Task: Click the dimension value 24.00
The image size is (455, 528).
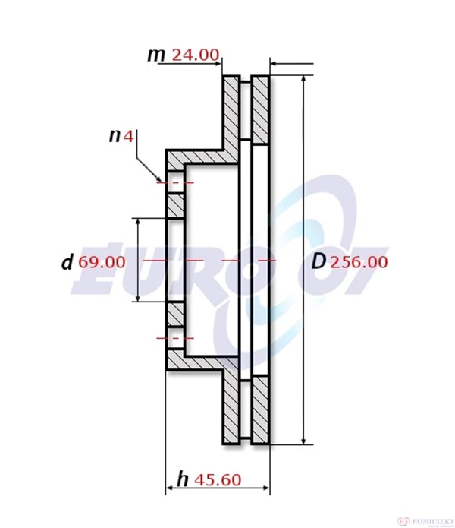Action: click(196, 55)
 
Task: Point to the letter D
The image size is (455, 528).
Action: click(319, 261)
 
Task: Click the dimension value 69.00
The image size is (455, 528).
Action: click(102, 262)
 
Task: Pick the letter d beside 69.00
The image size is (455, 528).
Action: click(67, 262)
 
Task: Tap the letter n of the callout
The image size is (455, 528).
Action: click(115, 136)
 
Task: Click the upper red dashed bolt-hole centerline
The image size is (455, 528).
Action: click(174, 183)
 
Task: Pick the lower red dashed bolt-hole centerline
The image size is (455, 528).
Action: click(174, 337)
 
